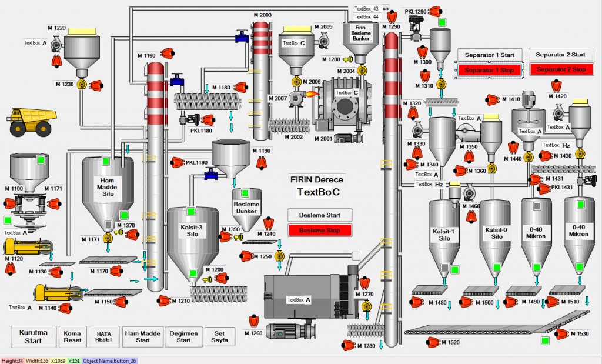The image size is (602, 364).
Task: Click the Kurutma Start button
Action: [x=34, y=336]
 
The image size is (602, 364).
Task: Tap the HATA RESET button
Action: [x=103, y=336]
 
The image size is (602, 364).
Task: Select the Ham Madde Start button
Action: [x=143, y=336]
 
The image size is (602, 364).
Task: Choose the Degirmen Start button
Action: [x=183, y=336]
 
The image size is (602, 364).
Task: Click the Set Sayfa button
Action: [x=219, y=336]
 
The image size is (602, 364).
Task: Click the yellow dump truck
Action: [x=33, y=121]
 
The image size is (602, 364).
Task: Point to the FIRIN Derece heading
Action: [x=317, y=180]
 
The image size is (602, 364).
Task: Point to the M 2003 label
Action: [x=262, y=15]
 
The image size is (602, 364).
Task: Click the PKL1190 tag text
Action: [x=197, y=162]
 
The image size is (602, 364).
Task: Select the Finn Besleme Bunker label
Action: [x=362, y=33]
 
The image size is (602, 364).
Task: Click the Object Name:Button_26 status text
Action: [x=110, y=360]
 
